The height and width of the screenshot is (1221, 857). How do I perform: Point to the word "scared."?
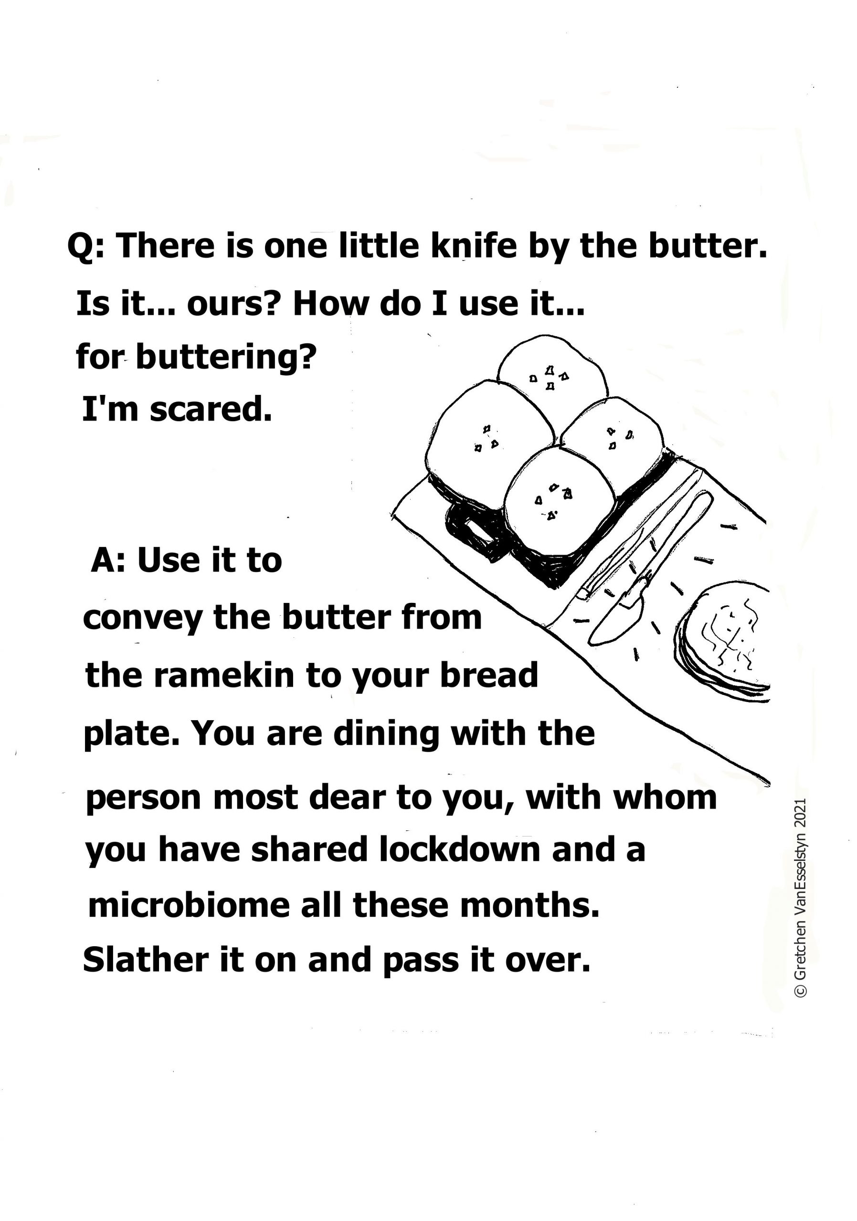coord(211,410)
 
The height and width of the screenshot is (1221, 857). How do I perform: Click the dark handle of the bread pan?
coord(471,529)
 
